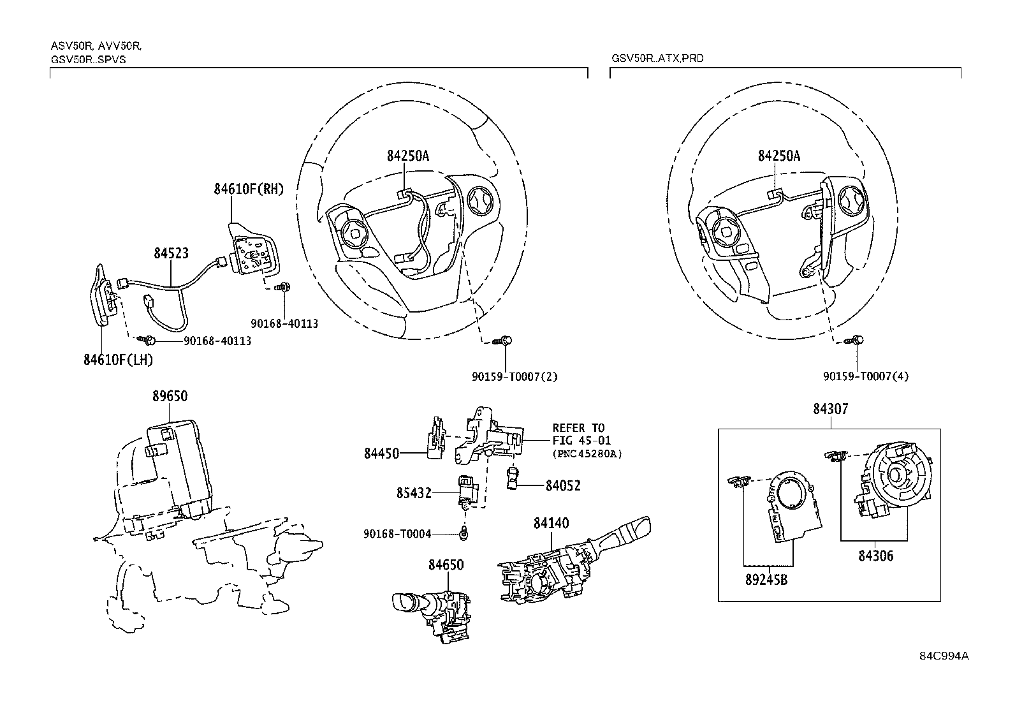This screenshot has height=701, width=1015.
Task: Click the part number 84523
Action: click(x=171, y=253)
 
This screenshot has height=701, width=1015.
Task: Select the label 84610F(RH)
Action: click(x=249, y=189)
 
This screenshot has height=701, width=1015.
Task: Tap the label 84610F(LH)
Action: click(x=118, y=360)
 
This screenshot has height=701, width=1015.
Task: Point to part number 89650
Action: click(x=170, y=396)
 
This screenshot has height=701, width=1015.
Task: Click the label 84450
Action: click(x=381, y=454)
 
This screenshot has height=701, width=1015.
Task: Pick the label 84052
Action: click(x=563, y=486)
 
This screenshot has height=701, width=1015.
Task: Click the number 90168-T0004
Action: click(x=397, y=534)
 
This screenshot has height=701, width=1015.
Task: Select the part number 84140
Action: click(x=551, y=524)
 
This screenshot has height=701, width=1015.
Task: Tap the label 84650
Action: click(x=446, y=565)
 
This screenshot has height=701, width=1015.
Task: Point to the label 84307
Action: click(x=830, y=409)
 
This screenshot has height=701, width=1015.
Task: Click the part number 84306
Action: click(x=875, y=556)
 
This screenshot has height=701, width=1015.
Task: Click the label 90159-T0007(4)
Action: click(x=866, y=376)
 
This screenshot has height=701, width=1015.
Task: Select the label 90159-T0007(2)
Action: click(x=515, y=376)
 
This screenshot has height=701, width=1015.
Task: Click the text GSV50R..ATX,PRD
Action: click(x=657, y=58)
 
